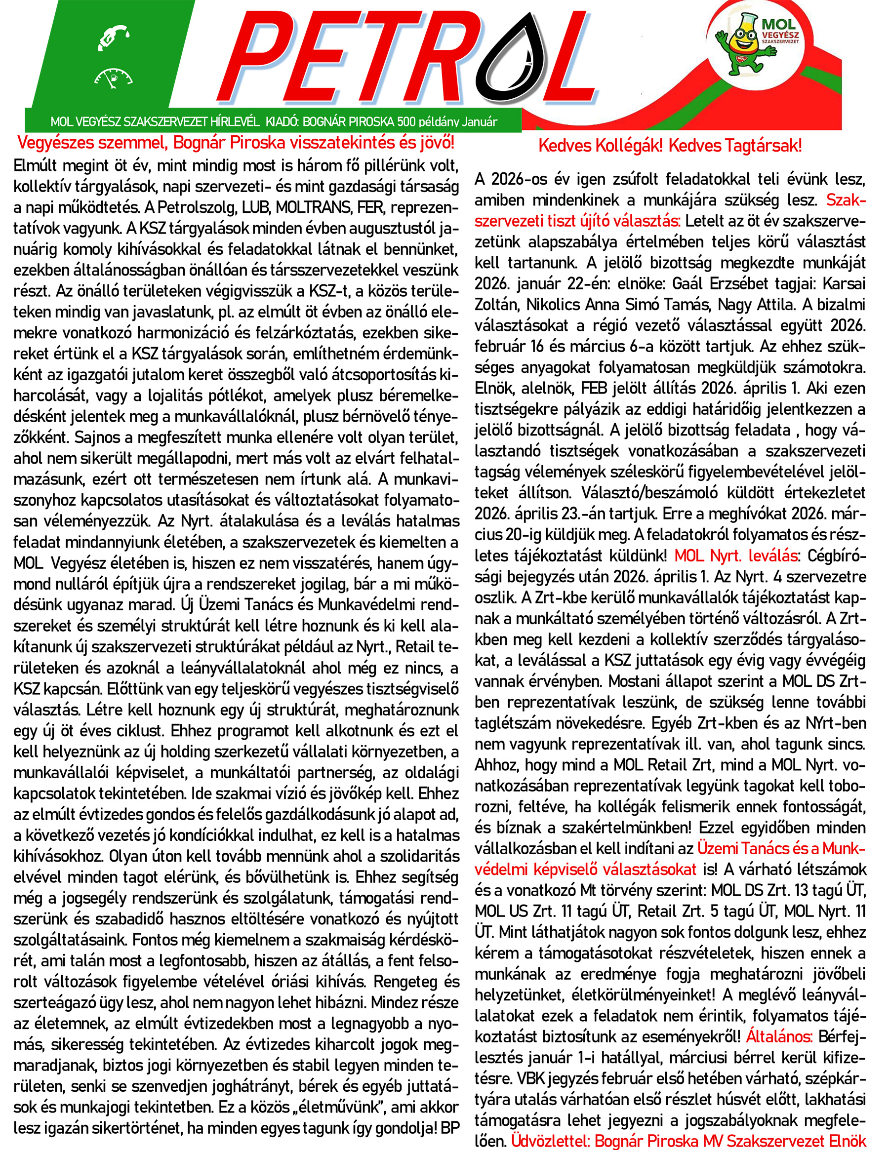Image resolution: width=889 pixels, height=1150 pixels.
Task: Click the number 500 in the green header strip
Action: coord(406,122)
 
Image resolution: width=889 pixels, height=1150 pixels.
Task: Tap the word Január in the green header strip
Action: coord(479,122)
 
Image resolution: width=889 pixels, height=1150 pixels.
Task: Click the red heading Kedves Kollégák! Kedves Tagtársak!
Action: coord(670,146)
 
